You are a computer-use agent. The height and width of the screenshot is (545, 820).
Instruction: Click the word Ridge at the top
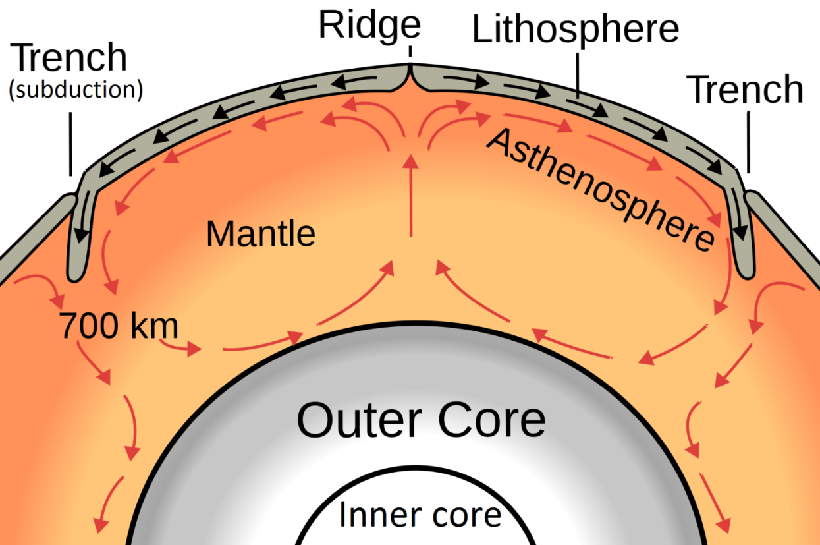pos(369,25)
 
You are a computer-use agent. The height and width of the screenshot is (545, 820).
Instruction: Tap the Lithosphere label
pos(575,30)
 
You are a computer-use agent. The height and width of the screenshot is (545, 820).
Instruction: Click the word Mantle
pos(260,234)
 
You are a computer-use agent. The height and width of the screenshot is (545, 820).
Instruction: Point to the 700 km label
pos(119,326)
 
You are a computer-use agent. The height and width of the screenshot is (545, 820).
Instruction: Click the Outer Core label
pos(421,420)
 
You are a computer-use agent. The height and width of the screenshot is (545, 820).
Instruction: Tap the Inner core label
pos(420,514)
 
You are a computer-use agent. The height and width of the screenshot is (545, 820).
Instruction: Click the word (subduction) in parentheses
pos(75,90)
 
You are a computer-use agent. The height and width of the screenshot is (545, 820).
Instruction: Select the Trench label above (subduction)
pos(70,58)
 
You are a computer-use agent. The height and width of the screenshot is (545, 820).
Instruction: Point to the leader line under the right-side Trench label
pos(749,142)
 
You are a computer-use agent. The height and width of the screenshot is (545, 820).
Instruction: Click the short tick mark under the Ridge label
pos(410,51)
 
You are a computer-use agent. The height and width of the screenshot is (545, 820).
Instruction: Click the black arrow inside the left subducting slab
pos(82,224)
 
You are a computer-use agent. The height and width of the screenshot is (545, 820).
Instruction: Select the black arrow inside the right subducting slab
pos(740,221)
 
